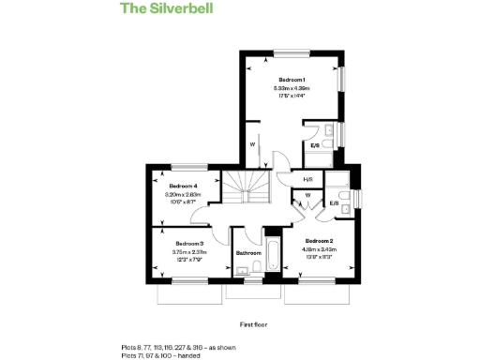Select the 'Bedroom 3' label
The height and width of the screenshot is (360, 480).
click(189, 244)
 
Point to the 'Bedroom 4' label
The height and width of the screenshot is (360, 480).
click(183, 187)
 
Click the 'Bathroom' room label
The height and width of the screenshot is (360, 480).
click(248, 253)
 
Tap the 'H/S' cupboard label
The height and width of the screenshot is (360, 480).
click(308, 180)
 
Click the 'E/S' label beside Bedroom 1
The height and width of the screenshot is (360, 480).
click(316, 145)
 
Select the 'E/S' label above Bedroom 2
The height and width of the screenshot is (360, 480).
click(335, 203)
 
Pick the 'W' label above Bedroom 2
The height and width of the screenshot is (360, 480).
click(307, 196)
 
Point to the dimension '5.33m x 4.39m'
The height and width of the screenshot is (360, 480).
click(292, 88)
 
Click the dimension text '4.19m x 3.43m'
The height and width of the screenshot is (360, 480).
click(318, 249)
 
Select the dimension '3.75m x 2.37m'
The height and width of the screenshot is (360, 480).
click(189, 251)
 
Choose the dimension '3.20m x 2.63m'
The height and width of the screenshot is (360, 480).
click(183, 194)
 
